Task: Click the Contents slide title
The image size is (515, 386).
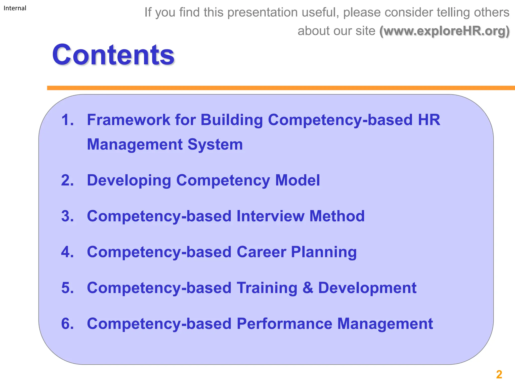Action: pyautogui.click(x=113, y=55)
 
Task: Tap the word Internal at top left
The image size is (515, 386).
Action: pyautogui.click(x=15, y=8)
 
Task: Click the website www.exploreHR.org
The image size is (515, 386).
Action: pyautogui.click(x=444, y=31)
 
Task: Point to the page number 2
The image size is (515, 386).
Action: pyautogui.click(x=499, y=374)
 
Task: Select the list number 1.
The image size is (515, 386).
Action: pyautogui.click(x=67, y=120)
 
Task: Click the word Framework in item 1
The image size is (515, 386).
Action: pyautogui.click(x=128, y=120)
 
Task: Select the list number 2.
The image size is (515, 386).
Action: pyautogui.click(x=67, y=180)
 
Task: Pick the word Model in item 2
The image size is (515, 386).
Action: pyautogui.click(x=297, y=180)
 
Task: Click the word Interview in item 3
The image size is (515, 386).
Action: pyautogui.click(x=270, y=216)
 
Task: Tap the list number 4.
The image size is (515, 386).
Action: pyautogui.click(x=67, y=252)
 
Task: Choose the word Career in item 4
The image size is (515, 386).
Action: pyautogui.click(x=261, y=252)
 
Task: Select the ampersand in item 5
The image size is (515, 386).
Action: pyautogui.click(x=308, y=288)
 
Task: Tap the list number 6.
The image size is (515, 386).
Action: pyautogui.click(x=67, y=324)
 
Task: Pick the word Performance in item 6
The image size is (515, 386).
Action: pyautogui.click(x=284, y=324)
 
